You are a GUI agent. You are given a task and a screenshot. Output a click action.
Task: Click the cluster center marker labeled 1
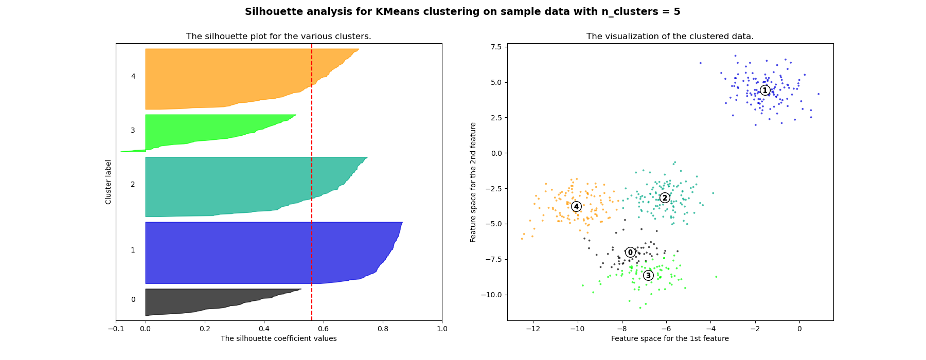tap(765, 91)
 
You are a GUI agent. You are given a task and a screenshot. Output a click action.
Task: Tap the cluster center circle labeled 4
tap(576, 207)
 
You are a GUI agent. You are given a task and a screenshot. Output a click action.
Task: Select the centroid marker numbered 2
tap(665, 198)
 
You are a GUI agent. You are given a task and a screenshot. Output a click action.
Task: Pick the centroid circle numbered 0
tap(630, 253)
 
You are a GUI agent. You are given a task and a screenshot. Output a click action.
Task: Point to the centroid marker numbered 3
tap(648, 276)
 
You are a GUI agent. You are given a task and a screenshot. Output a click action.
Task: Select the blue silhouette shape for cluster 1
tap(257, 252)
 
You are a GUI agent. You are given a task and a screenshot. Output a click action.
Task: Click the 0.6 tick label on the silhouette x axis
tap(323, 329)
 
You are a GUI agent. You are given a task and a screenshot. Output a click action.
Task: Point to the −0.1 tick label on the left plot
tap(116, 329)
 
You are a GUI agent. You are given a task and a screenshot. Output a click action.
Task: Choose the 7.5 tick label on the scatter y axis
tap(496, 47)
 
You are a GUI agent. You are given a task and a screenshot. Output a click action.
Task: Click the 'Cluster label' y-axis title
tap(109, 182)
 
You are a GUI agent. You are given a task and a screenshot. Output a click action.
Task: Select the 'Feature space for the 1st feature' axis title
tap(670, 338)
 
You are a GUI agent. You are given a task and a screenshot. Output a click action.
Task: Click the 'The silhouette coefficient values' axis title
tap(278, 338)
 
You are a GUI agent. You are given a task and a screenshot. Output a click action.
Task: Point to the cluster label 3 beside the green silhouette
tap(133, 131)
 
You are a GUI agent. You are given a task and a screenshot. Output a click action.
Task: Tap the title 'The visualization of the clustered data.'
tap(670, 37)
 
